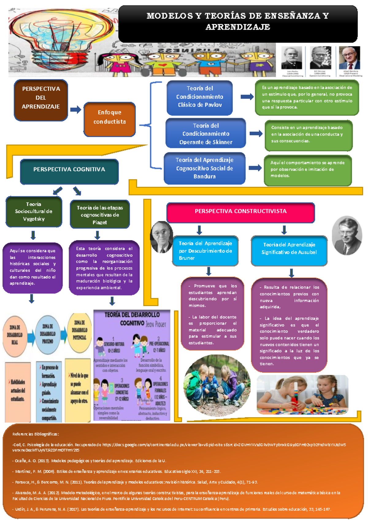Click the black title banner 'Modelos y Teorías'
tap(238, 24)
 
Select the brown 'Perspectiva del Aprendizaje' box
tap(41, 100)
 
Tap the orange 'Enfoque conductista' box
tap(109, 119)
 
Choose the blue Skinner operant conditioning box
tap(205, 133)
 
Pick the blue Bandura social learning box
tap(204, 168)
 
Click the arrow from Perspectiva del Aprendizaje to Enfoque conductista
tap(75, 109)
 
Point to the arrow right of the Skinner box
tap(256, 133)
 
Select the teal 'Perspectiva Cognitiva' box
tap(69, 172)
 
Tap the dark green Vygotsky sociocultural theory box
tap(34, 212)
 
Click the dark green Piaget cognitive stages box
tap(100, 214)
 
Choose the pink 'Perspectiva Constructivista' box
tap(240, 212)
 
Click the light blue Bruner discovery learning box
tap(205, 251)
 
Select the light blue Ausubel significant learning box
tap(289, 250)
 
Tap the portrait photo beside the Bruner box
tap(162, 237)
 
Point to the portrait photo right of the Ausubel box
tap(347, 235)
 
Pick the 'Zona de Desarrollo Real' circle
tap(15, 335)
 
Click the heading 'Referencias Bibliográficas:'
tap(36, 434)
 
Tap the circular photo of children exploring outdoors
tap(217, 385)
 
